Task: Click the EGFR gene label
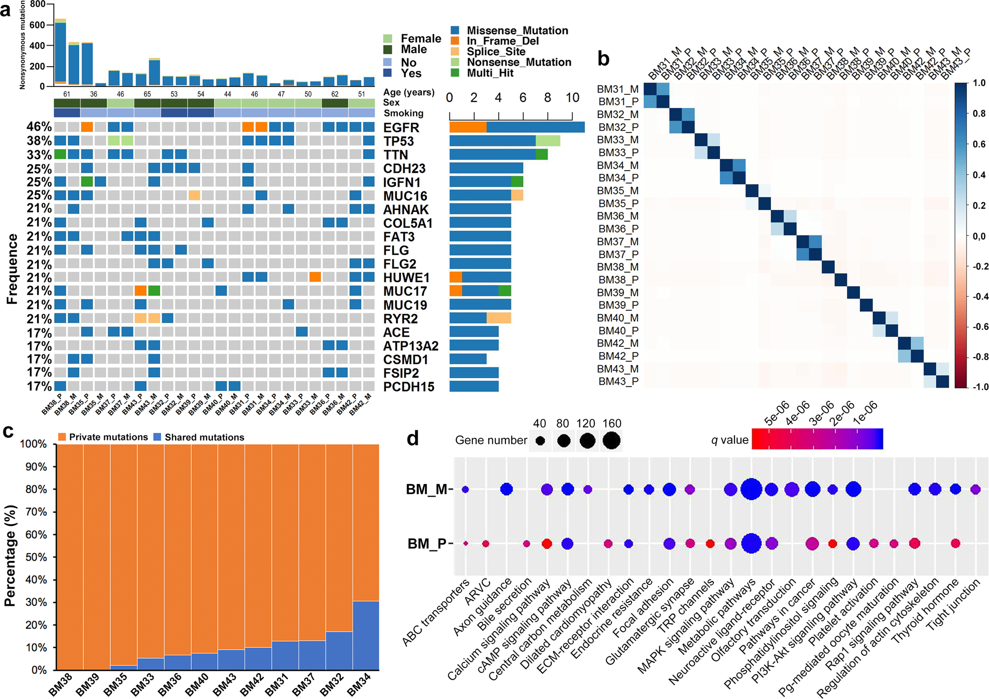401,128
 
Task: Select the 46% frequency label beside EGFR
39,127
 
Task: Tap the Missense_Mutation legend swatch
455,31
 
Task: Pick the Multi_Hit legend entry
490,73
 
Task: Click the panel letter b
603,59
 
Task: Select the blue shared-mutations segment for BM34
365,635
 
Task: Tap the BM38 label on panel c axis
61,684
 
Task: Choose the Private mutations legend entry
103,437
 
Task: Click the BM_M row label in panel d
427,489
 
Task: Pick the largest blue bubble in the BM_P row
751,543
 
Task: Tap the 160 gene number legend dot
611,440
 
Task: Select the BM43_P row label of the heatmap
618,381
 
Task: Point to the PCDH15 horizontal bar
474,386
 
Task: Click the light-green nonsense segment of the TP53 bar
548,141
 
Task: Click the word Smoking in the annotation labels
403,113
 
